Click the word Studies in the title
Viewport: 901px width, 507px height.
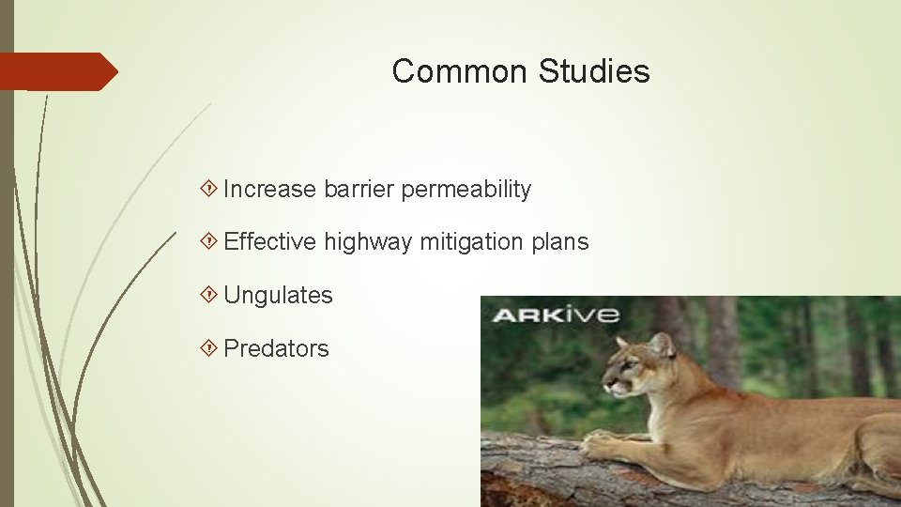click(x=594, y=71)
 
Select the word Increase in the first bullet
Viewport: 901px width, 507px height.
click(x=270, y=190)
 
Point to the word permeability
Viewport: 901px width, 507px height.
click(x=466, y=191)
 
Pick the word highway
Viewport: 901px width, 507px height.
click(x=368, y=243)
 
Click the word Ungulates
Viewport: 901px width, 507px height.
click(x=279, y=296)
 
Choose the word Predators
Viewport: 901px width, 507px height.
click(x=277, y=349)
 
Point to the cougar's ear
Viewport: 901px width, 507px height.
click(x=662, y=344)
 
